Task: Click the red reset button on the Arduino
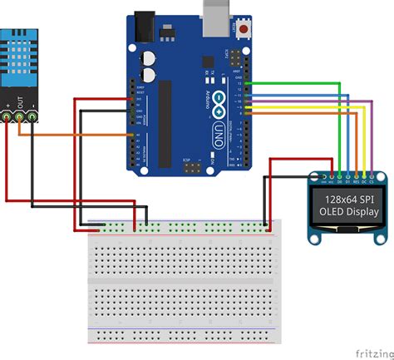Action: coord(244,30)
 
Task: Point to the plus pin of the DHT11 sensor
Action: coord(8,117)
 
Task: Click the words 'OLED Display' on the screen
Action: coord(348,213)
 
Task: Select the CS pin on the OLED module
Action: coord(372,176)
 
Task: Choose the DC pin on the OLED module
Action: coord(364,176)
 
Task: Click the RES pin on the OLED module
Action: coord(356,176)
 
